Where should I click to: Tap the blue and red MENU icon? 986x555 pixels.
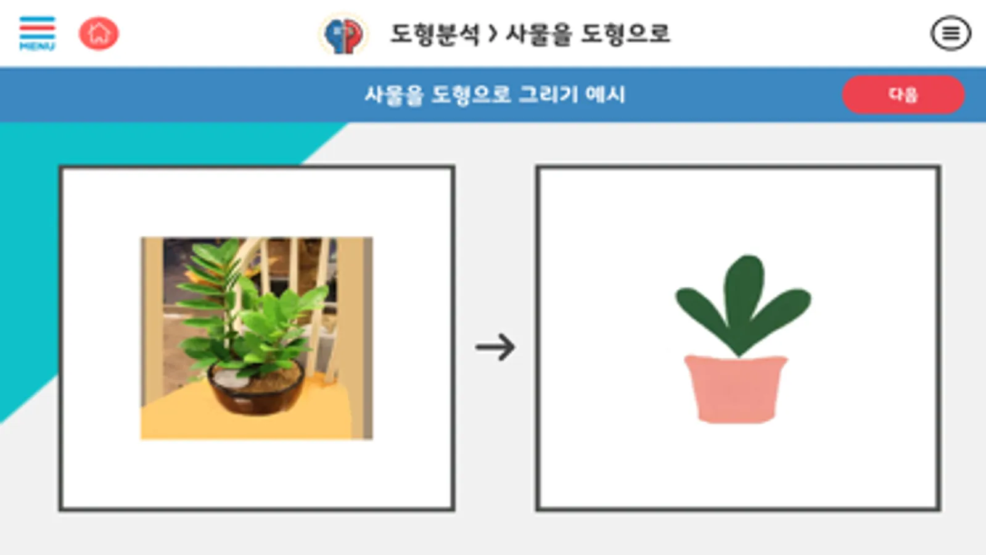click(x=37, y=33)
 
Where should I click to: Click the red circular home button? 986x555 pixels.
click(x=99, y=33)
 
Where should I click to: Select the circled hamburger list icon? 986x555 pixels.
click(x=951, y=33)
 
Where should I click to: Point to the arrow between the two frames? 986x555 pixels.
click(x=495, y=347)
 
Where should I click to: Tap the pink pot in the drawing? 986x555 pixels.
click(x=736, y=389)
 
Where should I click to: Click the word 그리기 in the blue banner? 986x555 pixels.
click(x=548, y=94)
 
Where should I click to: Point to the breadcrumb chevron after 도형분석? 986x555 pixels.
click(x=493, y=34)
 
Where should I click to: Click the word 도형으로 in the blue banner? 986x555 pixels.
click(x=471, y=94)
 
